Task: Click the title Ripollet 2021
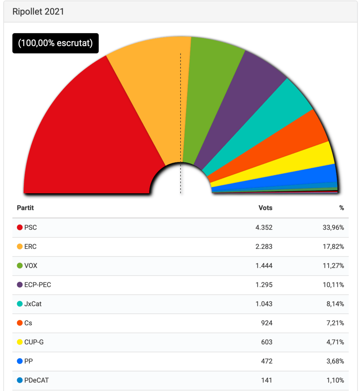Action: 38,11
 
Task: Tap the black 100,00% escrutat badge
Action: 55,43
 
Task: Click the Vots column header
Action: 265,208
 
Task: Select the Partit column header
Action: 25,208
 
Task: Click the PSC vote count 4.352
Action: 264,228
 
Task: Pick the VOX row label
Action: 31,266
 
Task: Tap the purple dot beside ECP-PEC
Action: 20,285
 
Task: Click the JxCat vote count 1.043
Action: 264,304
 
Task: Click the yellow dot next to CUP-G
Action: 20,342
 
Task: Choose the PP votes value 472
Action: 266,361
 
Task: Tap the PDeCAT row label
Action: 36,380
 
